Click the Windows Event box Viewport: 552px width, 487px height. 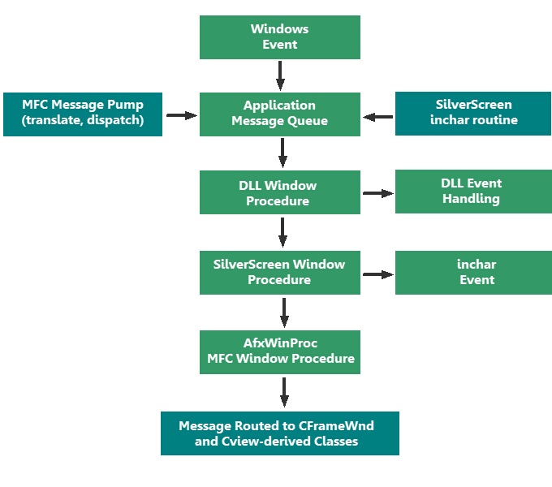point(280,37)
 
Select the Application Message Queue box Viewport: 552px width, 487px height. point(280,114)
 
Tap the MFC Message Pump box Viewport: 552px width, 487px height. point(83,114)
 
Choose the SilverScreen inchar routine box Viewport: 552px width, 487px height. point(473,113)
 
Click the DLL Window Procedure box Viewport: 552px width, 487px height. point(280,192)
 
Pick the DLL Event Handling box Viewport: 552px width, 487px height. point(473,192)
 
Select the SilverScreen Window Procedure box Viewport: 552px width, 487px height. point(280,272)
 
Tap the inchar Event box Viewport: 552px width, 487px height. point(473,272)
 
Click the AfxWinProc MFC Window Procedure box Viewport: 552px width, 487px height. point(280,351)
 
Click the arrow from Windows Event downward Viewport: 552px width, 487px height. point(280,75)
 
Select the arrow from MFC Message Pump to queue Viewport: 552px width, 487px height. point(182,116)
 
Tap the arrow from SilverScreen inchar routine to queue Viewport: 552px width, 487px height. point(378,117)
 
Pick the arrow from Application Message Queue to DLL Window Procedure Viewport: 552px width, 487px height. point(282,153)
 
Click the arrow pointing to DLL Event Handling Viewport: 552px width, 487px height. point(377,193)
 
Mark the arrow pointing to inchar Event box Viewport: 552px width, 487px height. point(377,274)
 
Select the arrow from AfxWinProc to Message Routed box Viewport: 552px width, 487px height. point(284,392)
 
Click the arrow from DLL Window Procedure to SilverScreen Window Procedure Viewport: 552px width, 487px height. point(282,232)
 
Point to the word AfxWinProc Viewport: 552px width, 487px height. point(280,343)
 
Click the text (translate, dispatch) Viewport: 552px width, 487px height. point(83,121)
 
